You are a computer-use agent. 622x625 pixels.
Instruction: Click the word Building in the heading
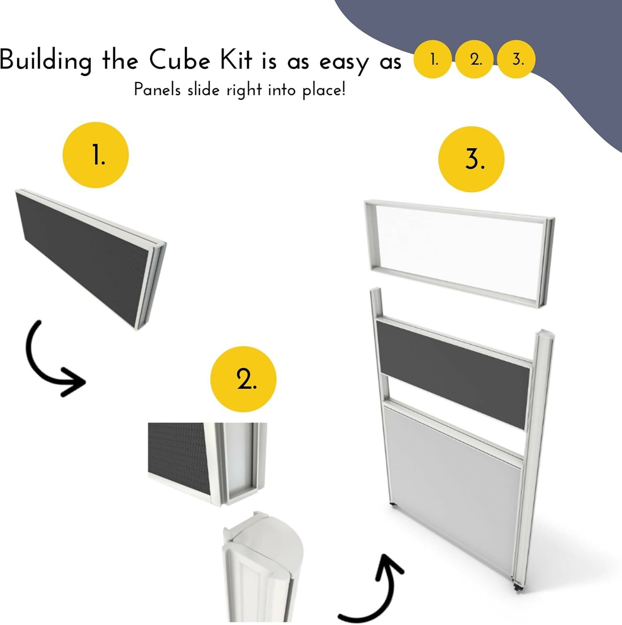click(45, 61)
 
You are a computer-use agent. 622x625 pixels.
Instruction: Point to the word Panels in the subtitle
click(157, 90)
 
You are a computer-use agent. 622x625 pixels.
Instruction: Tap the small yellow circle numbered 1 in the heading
click(433, 59)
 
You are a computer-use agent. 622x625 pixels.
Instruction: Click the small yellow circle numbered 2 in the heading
click(475, 59)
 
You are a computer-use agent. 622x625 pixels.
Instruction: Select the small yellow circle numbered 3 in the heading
click(517, 59)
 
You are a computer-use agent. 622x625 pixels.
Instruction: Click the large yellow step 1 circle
click(96, 155)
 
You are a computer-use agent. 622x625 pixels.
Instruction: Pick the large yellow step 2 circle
click(243, 379)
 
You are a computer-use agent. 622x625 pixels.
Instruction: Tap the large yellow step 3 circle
click(472, 159)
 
